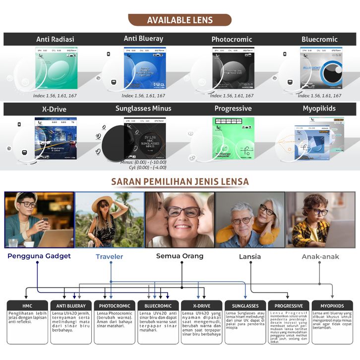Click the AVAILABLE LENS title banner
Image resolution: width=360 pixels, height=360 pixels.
pos(180,20)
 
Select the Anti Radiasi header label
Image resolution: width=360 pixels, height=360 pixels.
pos(55,39)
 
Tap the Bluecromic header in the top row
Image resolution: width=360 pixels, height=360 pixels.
pos(319,39)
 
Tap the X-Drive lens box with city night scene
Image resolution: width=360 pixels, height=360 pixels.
pos(56,138)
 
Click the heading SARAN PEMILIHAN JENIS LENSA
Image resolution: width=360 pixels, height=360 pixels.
pos(180,181)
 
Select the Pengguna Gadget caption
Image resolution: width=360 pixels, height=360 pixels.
pos(39,256)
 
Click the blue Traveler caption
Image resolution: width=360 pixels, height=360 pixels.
pos(109,257)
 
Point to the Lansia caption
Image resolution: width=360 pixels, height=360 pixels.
pos(249,257)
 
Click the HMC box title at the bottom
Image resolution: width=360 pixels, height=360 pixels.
pos(27,306)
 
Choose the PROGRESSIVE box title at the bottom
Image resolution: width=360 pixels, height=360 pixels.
pos(289,306)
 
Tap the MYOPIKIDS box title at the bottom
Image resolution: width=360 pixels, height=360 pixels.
pos(332,306)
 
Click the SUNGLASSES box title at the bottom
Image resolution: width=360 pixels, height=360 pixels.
pos(245,306)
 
